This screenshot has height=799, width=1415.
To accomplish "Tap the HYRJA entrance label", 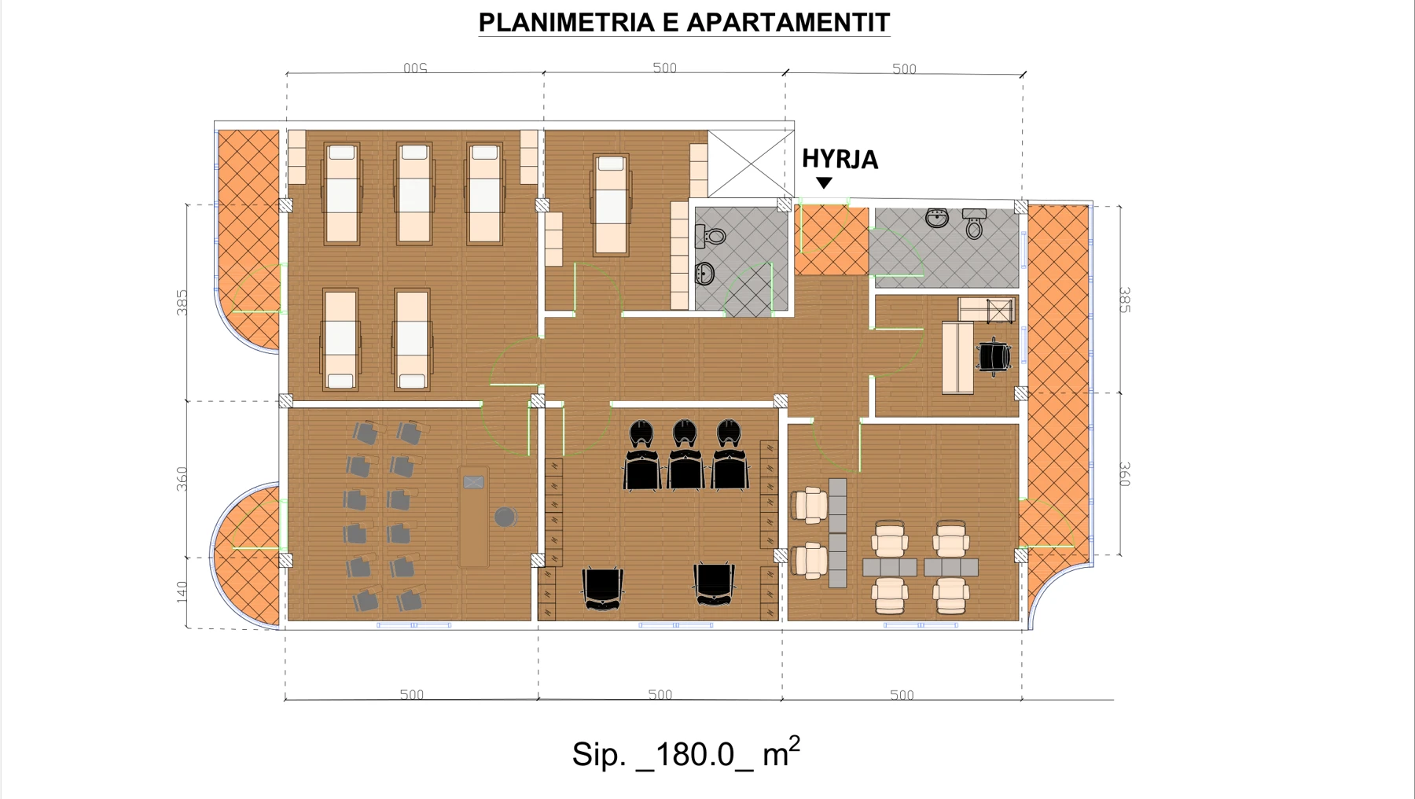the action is tap(840, 159).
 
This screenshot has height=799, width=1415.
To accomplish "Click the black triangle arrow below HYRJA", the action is tap(824, 182).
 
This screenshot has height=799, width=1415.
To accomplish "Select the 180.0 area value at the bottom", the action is tap(694, 754).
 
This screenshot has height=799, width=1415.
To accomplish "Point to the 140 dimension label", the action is tap(182, 592).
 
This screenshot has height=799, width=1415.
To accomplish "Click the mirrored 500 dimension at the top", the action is tap(415, 68).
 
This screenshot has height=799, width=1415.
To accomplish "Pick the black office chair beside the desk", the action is tap(994, 356).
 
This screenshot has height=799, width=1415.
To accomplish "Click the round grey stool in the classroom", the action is tap(505, 517).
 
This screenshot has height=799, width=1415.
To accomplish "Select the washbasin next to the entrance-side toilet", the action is tap(936, 218).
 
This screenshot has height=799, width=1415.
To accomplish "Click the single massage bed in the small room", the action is tap(611, 204).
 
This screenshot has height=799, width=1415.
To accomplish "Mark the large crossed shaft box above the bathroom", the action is tap(751, 164).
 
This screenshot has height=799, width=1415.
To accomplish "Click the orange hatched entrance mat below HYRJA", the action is tap(832, 240).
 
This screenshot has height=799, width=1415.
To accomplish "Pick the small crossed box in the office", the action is tap(1000, 311).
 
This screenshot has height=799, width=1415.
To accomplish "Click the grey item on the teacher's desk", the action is tap(474, 482).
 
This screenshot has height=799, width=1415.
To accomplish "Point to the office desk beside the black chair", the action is tap(957, 357).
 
